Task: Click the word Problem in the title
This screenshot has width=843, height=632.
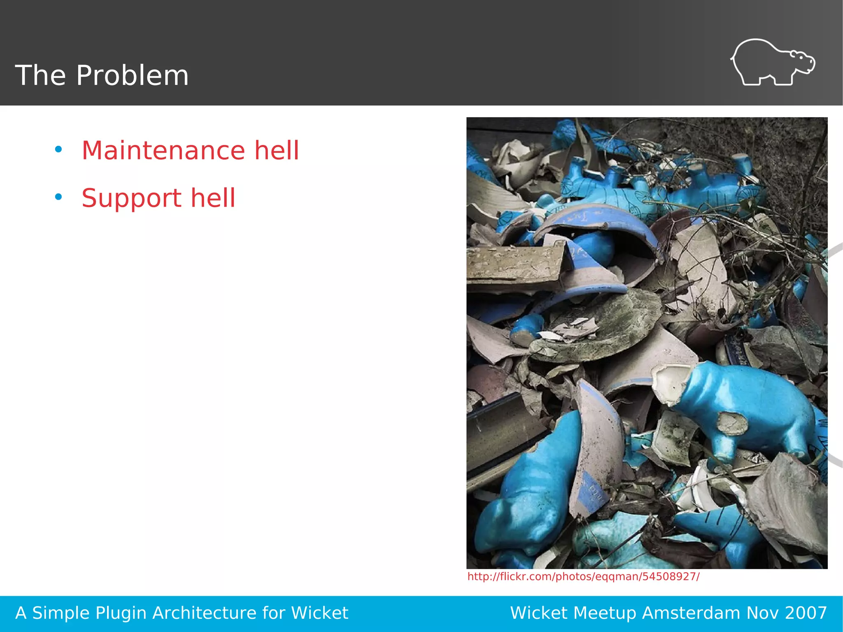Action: (132, 76)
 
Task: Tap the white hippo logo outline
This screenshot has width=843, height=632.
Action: (772, 63)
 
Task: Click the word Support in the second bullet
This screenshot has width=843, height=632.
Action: (131, 198)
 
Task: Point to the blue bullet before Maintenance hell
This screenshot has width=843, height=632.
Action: (58, 149)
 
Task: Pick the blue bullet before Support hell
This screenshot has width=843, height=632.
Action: (58, 197)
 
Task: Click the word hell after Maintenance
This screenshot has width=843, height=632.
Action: (276, 150)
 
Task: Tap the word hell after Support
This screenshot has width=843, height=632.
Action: (213, 198)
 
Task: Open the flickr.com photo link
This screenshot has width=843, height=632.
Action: (583, 576)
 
